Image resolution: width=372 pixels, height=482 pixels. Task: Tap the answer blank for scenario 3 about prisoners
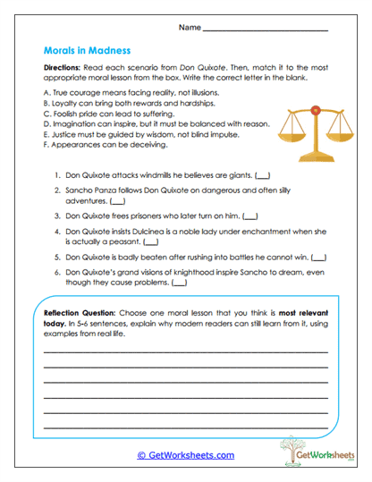(x=249, y=216)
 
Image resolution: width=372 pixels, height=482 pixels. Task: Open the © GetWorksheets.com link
(x=186, y=454)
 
